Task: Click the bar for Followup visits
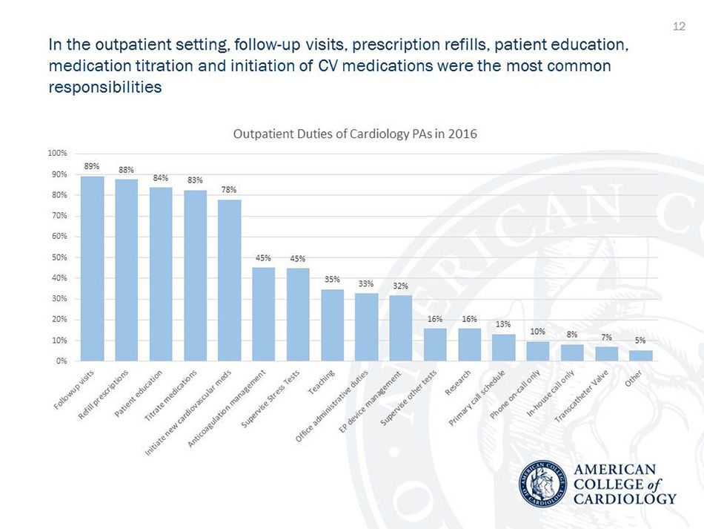(92, 269)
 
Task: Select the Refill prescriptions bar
(126, 270)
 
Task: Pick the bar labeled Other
(641, 355)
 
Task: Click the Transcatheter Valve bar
(606, 353)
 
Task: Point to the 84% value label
(161, 178)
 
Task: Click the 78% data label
(229, 190)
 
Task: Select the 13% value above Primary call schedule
(503, 324)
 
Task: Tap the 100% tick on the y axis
(57, 154)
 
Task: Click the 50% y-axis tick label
(59, 257)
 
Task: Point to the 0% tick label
(62, 361)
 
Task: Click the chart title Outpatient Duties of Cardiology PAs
(354, 134)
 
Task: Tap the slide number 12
(678, 27)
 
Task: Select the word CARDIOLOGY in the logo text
(625, 499)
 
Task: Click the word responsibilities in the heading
(104, 87)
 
